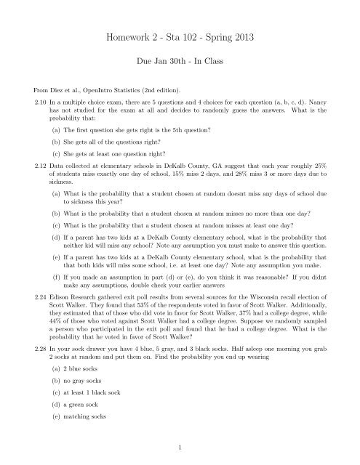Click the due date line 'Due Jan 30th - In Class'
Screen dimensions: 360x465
(180, 64)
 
